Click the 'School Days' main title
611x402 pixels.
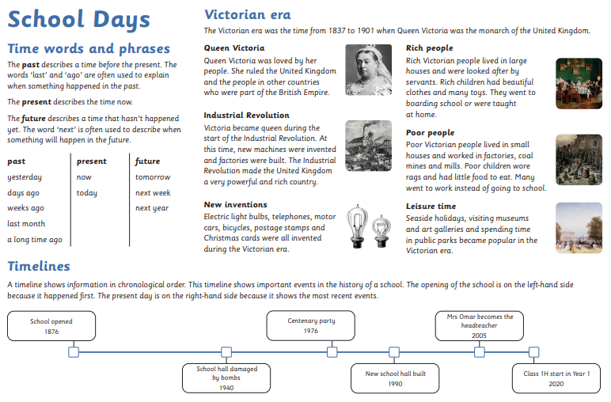(78, 20)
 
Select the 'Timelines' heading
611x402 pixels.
(39, 267)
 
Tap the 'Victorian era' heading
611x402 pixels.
(247, 14)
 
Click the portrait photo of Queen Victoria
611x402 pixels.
(369, 70)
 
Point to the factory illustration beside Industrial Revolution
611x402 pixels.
(369, 146)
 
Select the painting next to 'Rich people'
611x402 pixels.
(579, 82)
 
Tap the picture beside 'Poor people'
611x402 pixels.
(579, 160)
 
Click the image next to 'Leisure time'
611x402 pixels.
(579, 228)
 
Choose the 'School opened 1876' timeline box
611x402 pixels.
(51, 326)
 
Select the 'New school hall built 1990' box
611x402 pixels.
(395, 378)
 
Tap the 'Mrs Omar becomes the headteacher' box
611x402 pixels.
(480, 325)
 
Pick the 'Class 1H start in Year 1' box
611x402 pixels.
(556, 378)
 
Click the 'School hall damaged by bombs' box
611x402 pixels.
(226, 377)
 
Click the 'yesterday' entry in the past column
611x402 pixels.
(25, 177)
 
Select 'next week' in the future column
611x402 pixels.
(153, 193)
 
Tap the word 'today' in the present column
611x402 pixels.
(87, 193)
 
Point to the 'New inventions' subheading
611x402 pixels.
(234, 205)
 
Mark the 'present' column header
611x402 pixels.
(92, 161)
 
